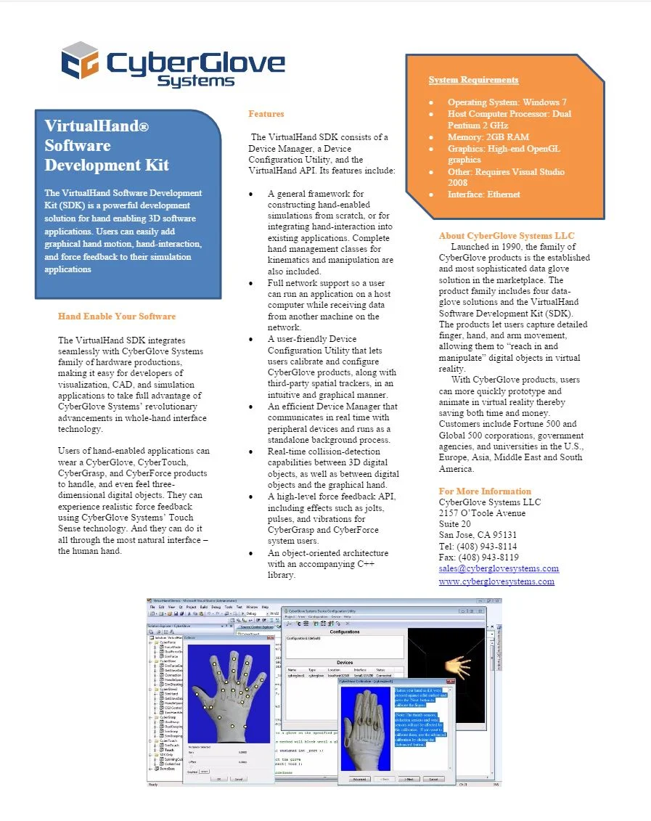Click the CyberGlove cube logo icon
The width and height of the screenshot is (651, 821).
coord(79,61)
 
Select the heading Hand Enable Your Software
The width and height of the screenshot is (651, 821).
coord(117,316)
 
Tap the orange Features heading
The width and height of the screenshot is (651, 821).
coord(266,114)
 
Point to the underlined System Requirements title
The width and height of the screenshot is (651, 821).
coord(473,80)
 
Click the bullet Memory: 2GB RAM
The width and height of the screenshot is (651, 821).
coord(488,137)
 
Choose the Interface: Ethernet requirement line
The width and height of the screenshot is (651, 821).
coord(483,195)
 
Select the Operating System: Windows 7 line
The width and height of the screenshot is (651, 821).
coord(507,102)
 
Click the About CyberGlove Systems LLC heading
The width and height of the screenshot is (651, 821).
coord(507,236)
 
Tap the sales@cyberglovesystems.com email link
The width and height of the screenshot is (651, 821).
coord(499,568)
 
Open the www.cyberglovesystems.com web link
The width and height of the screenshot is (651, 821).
coord(496,581)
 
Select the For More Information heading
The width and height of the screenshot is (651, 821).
coord(485,491)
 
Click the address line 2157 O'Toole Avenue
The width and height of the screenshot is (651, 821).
coord(482,513)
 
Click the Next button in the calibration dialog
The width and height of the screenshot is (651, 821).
coord(409,779)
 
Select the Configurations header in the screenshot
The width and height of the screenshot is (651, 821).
coord(345,632)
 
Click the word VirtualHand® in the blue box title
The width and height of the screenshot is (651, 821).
coord(97,126)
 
